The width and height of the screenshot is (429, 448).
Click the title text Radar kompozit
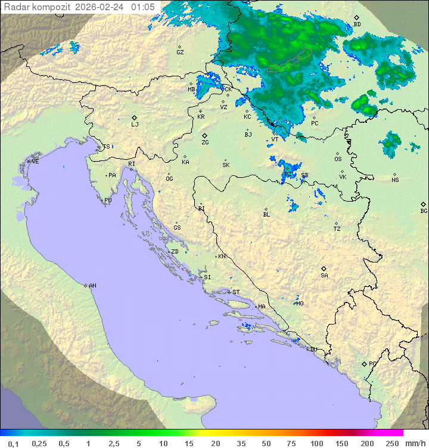tap(38, 7)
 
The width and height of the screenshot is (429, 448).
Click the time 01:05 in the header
tap(143, 7)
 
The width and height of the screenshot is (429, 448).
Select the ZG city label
tap(205, 143)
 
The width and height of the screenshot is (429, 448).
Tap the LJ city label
tap(135, 125)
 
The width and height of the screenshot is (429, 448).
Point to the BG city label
tap(424, 211)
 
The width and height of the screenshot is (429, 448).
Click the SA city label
tap(324, 276)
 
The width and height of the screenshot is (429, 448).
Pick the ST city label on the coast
tap(236, 292)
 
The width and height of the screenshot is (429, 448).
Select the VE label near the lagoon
tap(35, 162)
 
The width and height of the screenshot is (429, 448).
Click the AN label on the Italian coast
tap(92, 286)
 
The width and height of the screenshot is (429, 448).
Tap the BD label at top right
tap(357, 24)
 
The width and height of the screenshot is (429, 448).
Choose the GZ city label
tap(180, 52)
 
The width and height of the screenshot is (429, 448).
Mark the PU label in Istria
tap(108, 200)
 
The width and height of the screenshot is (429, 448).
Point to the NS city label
tap(395, 180)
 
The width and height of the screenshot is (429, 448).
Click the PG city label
tap(372, 364)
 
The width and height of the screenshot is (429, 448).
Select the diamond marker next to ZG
tap(204, 136)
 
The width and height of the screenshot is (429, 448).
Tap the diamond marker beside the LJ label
tap(135, 118)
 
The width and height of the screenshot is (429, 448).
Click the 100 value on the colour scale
tap(316, 443)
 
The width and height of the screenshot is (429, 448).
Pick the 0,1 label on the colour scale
tap(13, 443)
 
